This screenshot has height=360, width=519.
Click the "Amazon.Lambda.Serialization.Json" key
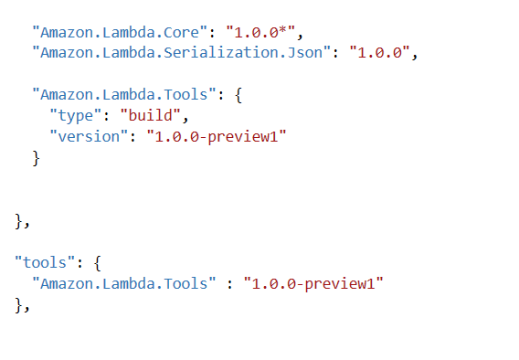tap(180, 52)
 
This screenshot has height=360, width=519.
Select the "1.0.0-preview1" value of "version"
tap(215, 135)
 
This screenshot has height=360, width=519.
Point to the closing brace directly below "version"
tap(37, 157)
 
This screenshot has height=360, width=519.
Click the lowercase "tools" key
tap(45, 262)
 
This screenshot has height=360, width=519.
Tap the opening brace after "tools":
tap(99, 262)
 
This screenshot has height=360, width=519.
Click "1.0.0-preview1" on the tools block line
tap(312, 283)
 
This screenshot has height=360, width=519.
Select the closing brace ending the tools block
tap(19, 304)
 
